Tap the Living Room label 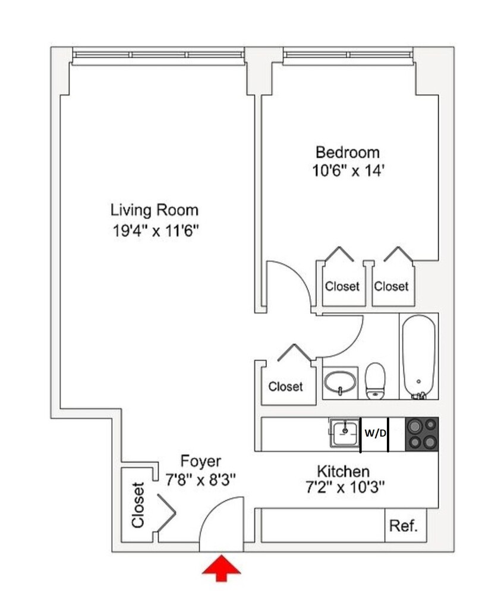[x=155, y=210]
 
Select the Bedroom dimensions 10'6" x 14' [x=347, y=171]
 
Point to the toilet [x=375, y=381]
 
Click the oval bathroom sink [x=341, y=380]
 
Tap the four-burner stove [x=421, y=434]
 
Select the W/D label [x=374, y=434]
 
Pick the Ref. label [x=404, y=526]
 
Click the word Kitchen [x=343, y=471]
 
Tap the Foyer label [x=201, y=461]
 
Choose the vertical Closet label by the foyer [x=138, y=505]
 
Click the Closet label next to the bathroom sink [x=285, y=387]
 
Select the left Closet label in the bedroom [x=342, y=286]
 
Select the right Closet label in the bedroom [x=391, y=286]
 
